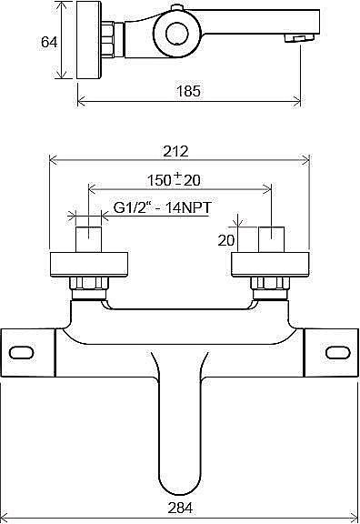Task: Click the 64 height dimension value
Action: coord(49,43)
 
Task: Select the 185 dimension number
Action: coord(188,91)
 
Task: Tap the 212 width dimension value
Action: coord(176,151)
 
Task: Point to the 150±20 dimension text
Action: coord(174,179)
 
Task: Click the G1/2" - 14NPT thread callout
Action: coord(163,207)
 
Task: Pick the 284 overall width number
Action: coord(180,509)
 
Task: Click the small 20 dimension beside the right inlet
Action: coord(226,240)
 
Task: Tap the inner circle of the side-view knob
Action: coord(177,34)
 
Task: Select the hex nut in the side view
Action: coord(108,39)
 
